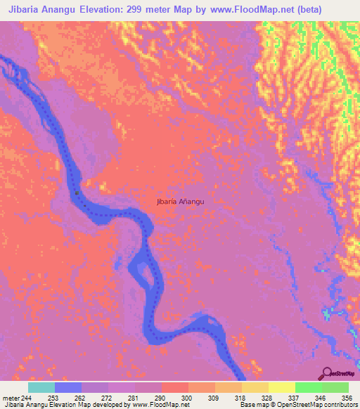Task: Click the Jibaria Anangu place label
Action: point(181,202)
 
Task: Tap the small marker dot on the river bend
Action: point(77,192)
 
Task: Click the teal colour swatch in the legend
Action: point(41,387)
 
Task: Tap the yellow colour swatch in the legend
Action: point(282,387)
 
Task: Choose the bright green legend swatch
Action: point(309,387)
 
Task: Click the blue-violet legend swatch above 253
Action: point(68,387)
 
